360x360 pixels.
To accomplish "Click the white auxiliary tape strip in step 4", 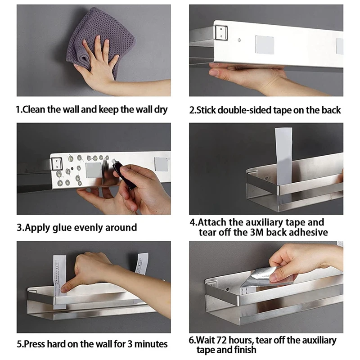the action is coord(283,158).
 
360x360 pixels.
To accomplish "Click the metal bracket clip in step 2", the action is coord(221,33).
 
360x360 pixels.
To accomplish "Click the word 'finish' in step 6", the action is coord(244,350).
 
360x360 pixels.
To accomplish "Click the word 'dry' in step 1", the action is coord(161,110).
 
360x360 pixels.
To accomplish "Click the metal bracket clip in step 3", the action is coord(56,163).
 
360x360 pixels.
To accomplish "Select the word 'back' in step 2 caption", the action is coord(331,110).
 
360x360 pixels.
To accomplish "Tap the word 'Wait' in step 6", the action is coord(205,340).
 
